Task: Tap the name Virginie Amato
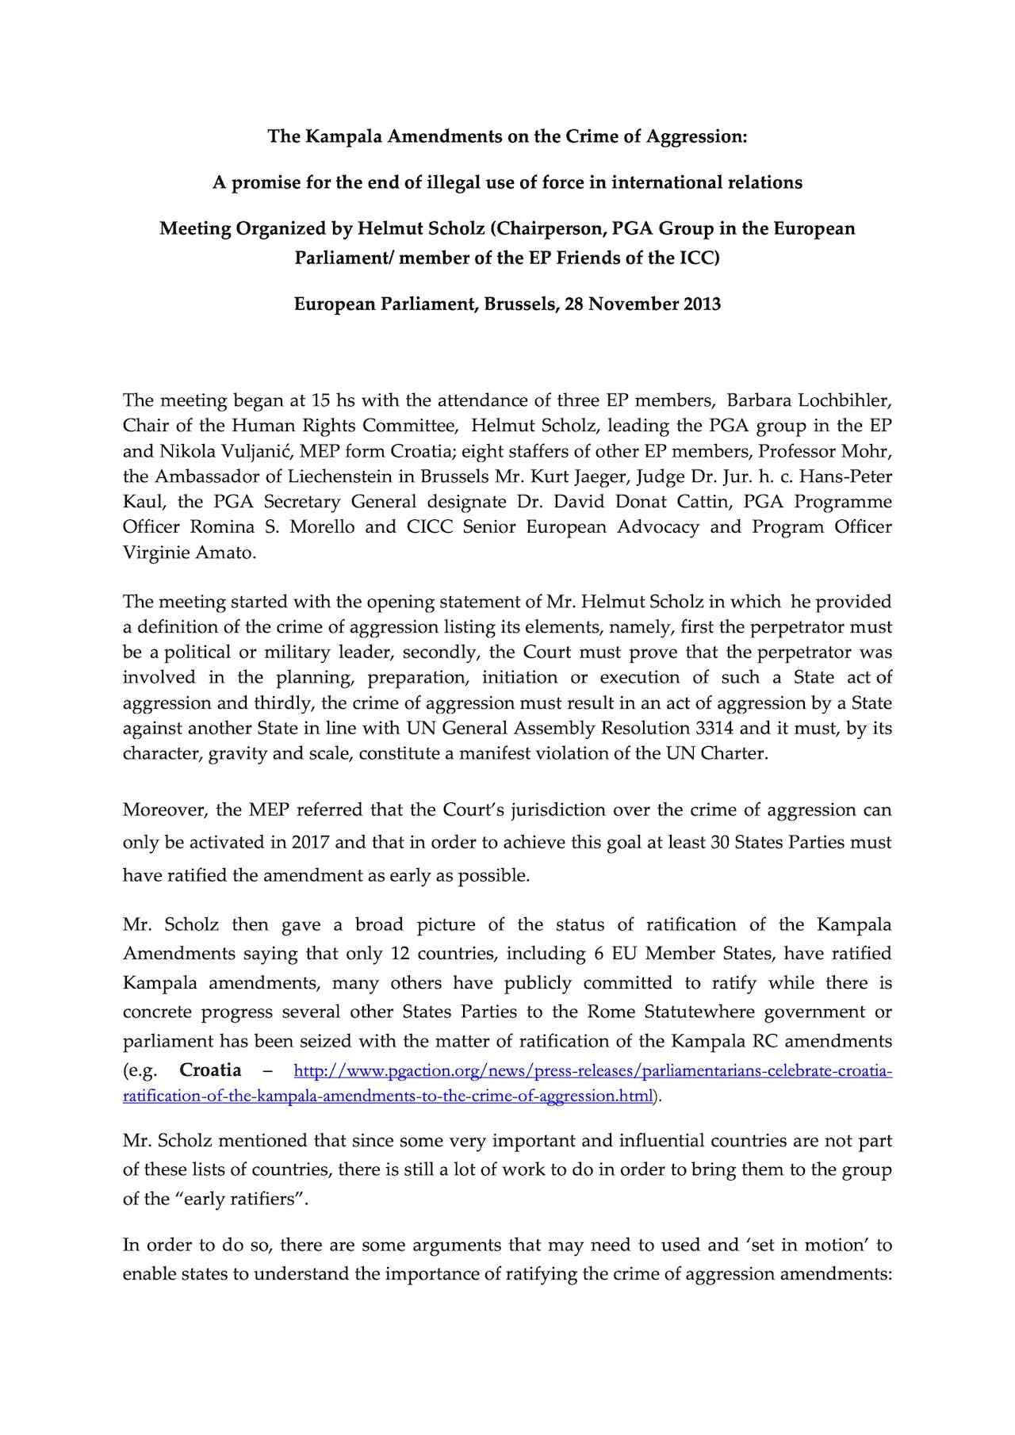tap(189, 553)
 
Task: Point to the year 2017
tap(311, 842)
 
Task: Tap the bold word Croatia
tap(210, 1070)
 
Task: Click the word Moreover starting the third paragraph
tap(162, 810)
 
